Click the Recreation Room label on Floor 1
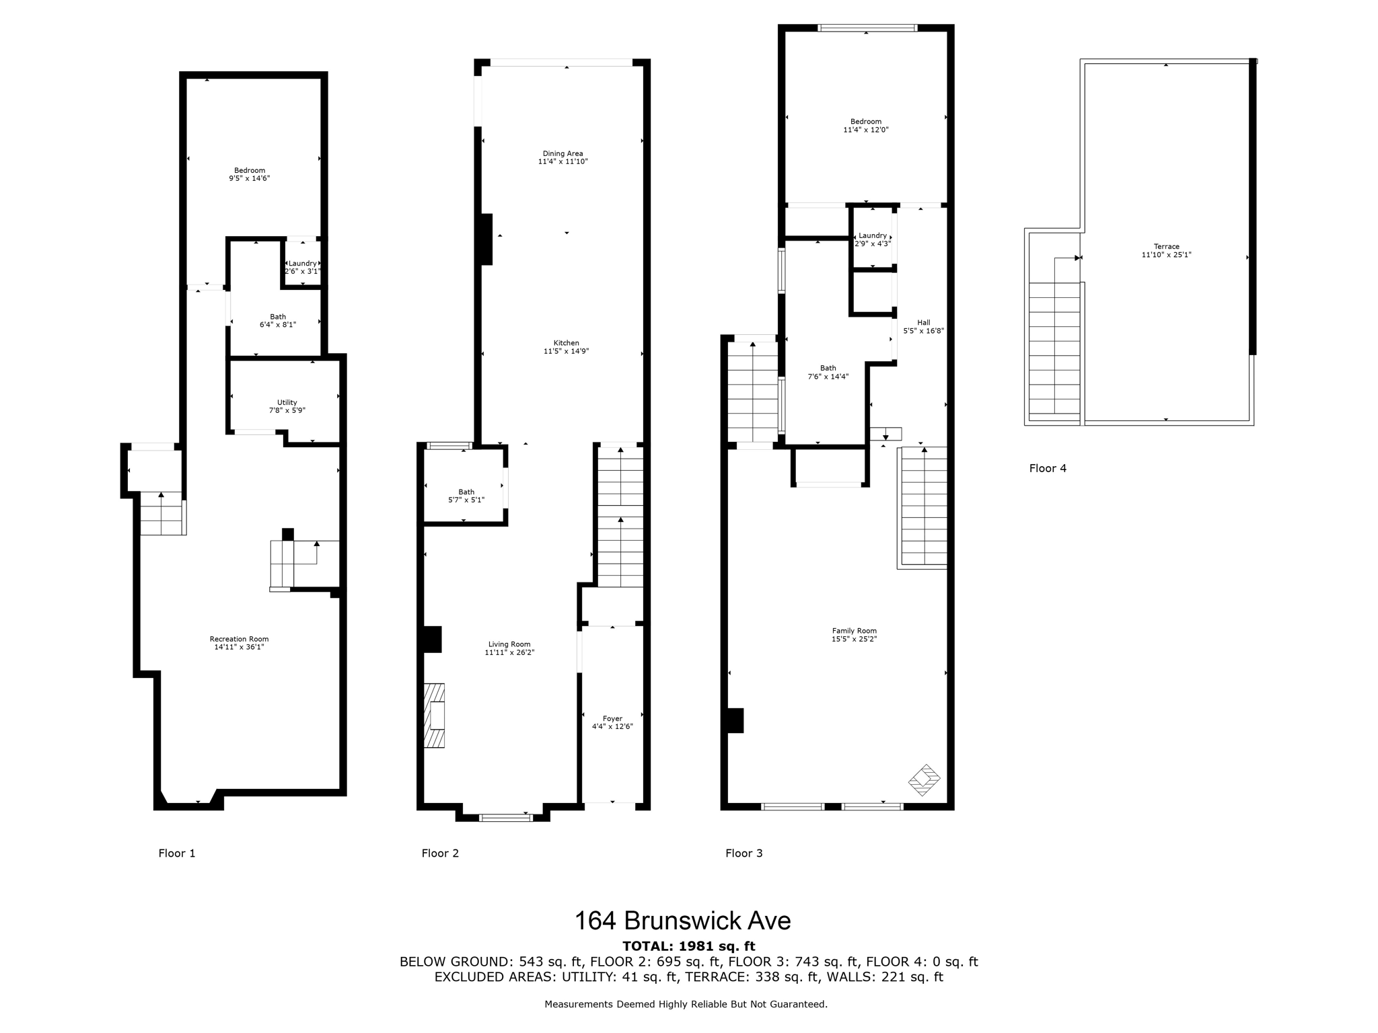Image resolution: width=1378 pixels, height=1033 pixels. (239, 639)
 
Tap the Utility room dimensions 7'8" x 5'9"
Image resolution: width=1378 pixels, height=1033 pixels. (287, 410)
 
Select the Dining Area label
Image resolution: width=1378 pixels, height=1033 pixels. (563, 153)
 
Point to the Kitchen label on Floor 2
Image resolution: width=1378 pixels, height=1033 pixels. (566, 343)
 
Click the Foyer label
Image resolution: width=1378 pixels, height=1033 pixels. (612, 718)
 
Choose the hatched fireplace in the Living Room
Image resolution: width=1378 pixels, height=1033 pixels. (435, 716)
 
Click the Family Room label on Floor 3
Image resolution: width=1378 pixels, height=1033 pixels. (854, 631)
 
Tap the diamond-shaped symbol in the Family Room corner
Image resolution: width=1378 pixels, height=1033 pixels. (924, 780)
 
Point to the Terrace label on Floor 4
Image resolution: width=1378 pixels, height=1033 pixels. (1166, 247)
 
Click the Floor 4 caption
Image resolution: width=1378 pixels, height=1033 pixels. (1048, 468)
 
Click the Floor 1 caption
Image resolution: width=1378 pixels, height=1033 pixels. (177, 853)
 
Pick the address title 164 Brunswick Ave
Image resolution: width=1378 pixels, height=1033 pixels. (682, 921)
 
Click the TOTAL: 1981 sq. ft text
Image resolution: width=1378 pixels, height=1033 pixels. (688, 946)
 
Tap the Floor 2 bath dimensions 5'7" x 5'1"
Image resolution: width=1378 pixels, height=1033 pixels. (466, 500)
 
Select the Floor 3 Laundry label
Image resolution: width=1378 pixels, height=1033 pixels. (873, 235)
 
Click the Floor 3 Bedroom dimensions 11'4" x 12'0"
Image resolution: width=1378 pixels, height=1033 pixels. (866, 130)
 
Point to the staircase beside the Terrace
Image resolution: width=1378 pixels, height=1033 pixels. (1054, 350)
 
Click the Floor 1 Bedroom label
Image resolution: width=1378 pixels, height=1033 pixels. (250, 170)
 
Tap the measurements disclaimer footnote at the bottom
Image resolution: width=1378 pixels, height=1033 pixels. (686, 1004)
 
